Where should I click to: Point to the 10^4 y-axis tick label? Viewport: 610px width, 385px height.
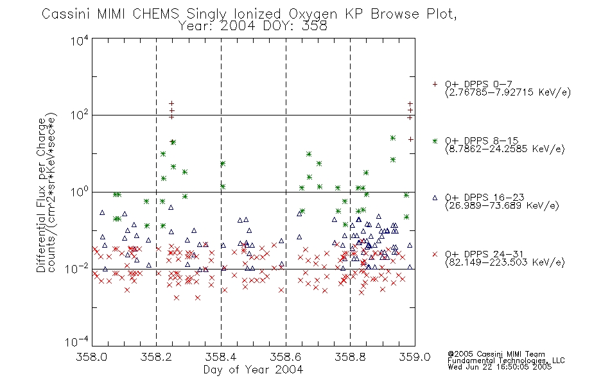pos(80,40)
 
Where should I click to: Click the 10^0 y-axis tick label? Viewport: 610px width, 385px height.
pos(80,192)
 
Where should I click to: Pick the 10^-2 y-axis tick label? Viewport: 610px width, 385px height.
pos(77,268)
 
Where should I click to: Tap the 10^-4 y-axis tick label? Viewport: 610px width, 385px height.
pos(77,342)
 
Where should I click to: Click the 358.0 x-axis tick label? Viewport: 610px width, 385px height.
pos(92,357)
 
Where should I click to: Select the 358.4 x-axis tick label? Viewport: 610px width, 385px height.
pos(221,357)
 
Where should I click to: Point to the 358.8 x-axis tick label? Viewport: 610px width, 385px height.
pos(350,357)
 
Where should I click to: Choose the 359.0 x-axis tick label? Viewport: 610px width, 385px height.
pos(415,357)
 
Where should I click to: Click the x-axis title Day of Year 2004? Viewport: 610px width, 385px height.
pos(253,370)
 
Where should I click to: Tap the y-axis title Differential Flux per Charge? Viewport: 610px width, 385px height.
pos(41,195)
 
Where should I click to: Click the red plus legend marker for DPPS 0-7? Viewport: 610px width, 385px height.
pos(435,84)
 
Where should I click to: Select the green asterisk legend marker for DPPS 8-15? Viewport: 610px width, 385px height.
pos(435,141)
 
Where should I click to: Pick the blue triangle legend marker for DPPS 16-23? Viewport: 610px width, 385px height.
pos(435,198)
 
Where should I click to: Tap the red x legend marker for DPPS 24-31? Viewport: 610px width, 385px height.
pos(435,254)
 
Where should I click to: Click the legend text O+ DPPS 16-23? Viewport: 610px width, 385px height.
pos(485,197)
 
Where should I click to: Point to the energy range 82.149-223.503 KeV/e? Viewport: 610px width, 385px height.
pos(505,262)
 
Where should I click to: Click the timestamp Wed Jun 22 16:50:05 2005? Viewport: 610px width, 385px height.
pos(500,367)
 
